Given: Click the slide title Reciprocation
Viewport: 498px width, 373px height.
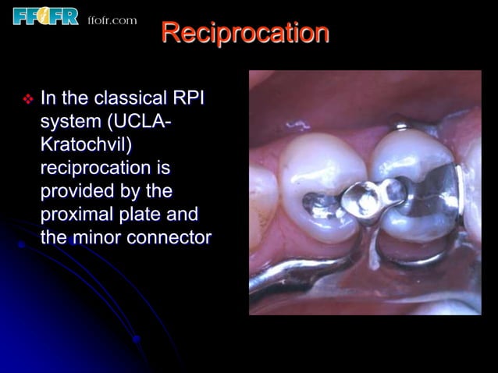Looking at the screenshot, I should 245,34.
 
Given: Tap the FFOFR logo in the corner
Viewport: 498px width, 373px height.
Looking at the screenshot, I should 45,15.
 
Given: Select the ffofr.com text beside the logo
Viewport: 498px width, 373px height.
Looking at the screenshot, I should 112,20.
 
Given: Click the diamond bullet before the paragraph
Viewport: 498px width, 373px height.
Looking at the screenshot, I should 28,100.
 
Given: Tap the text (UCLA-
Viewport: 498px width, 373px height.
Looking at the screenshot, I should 141,123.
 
